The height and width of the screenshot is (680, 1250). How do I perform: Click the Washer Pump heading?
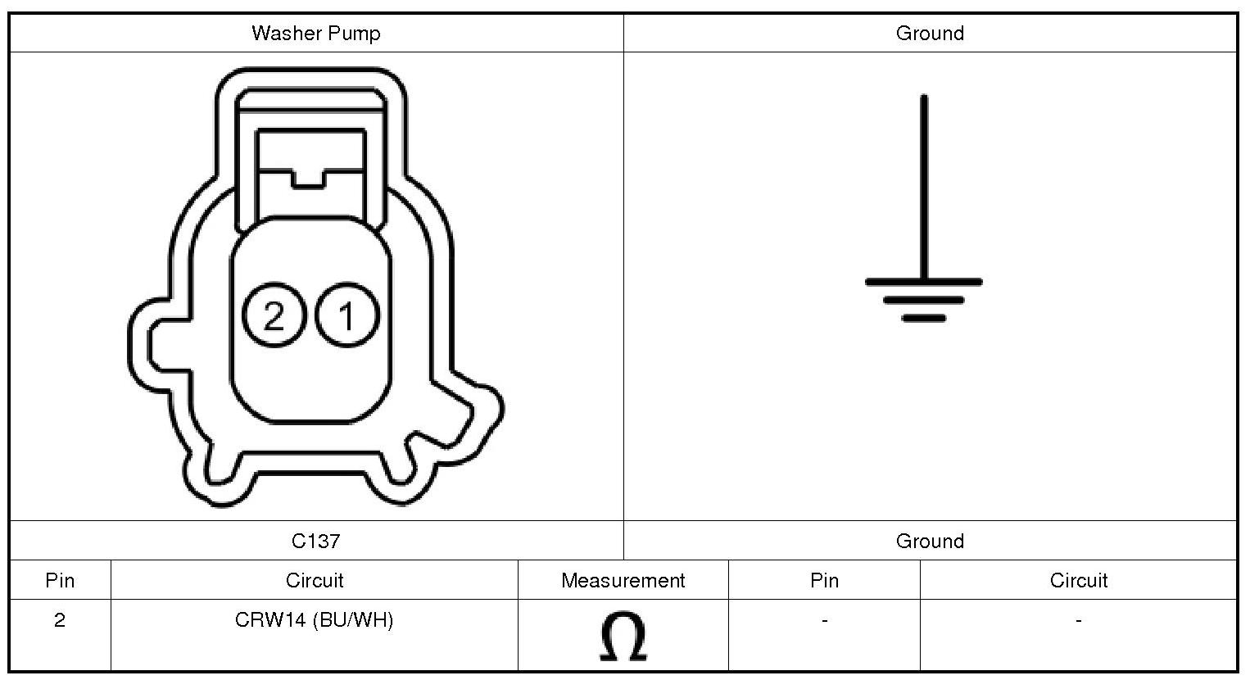click(x=316, y=34)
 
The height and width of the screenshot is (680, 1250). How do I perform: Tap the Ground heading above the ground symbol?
click(x=930, y=34)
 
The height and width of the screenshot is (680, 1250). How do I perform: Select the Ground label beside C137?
click(x=930, y=541)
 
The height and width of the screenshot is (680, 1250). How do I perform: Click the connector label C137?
click(x=316, y=541)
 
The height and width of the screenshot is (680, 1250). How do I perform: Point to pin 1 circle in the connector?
click(x=347, y=315)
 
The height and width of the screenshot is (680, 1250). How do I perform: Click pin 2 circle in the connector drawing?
click(x=274, y=315)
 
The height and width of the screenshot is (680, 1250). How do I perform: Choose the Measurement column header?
click(x=623, y=581)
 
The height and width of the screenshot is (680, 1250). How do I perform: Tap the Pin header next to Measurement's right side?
click(x=824, y=581)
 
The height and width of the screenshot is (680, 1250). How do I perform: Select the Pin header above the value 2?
click(x=60, y=581)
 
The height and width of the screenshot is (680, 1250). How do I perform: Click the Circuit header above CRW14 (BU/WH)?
click(x=315, y=581)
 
